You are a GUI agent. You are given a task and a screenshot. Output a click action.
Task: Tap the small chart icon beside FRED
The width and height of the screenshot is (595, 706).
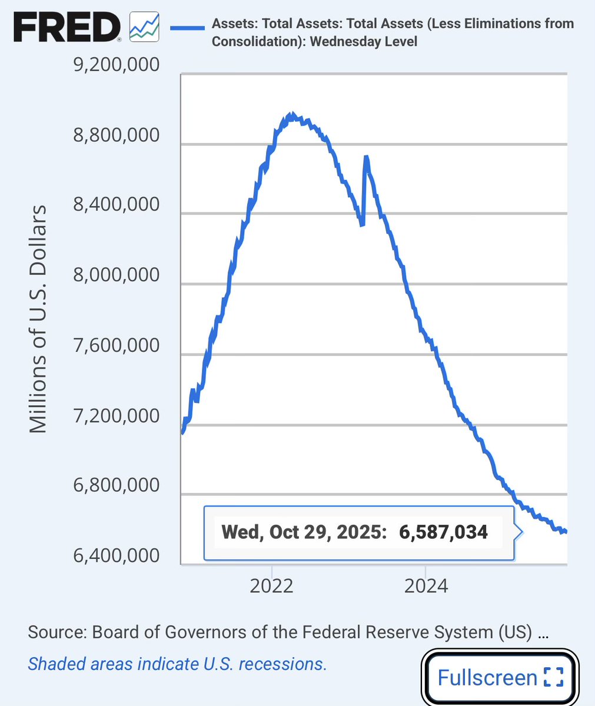pyautogui.click(x=144, y=27)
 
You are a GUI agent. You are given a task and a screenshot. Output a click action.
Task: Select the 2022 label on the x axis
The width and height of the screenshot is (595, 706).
pyautogui.click(x=272, y=586)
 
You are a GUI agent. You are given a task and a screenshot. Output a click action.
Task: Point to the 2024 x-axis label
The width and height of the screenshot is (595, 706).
pyautogui.click(x=426, y=586)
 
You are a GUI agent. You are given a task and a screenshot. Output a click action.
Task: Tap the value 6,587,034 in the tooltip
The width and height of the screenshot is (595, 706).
pyautogui.click(x=443, y=532)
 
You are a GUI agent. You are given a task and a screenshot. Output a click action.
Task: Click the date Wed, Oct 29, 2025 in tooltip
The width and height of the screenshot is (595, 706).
pyautogui.click(x=303, y=532)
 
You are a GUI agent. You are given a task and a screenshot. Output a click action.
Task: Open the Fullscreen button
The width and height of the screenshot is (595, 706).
pyautogui.click(x=500, y=677)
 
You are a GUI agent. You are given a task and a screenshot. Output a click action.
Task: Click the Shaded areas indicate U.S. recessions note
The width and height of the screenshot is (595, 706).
pyautogui.click(x=177, y=664)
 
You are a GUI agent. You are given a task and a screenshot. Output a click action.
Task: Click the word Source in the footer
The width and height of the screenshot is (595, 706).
pyautogui.click(x=54, y=632)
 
